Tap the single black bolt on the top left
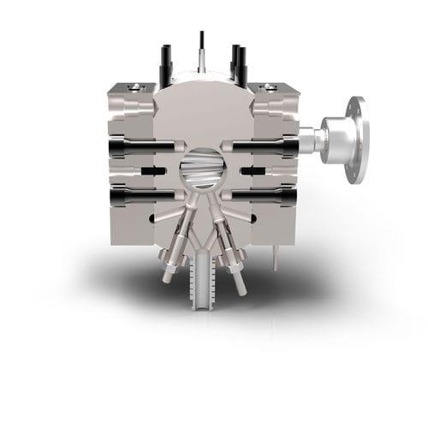(x=165, y=64)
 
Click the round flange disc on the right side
(x=358, y=140)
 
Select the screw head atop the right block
(x=269, y=86)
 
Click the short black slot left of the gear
(x=155, y=172)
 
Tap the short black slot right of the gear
(x=252, y=172)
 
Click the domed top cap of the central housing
(x=202, y=94)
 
